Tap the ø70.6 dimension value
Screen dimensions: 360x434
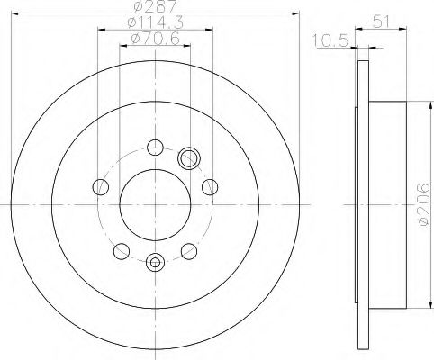click(x=152, y=40)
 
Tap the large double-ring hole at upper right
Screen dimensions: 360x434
click(x=189, y=158)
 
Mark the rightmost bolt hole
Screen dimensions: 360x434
click(x=210, y=186)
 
